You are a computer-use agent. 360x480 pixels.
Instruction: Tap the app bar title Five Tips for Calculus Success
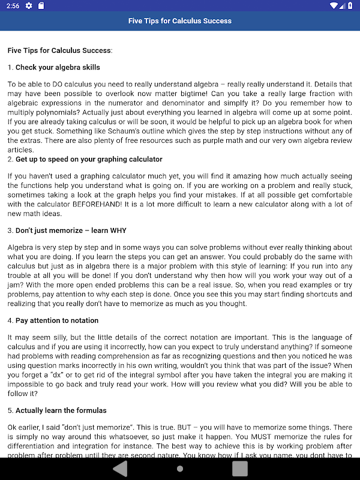(180, 20)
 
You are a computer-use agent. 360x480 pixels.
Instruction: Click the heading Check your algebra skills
(58, 67)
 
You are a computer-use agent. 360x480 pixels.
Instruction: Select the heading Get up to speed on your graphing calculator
(89, 159)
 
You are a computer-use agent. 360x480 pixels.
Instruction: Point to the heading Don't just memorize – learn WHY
(71, 230)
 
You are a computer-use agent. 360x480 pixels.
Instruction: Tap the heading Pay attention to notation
(57, 321)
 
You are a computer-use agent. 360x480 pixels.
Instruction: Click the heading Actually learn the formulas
(61, 410)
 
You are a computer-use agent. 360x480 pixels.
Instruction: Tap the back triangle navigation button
(121, 467)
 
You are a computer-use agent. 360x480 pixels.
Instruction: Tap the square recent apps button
(240, 467)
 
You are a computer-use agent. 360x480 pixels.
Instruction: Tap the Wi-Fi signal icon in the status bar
(334, 5)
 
